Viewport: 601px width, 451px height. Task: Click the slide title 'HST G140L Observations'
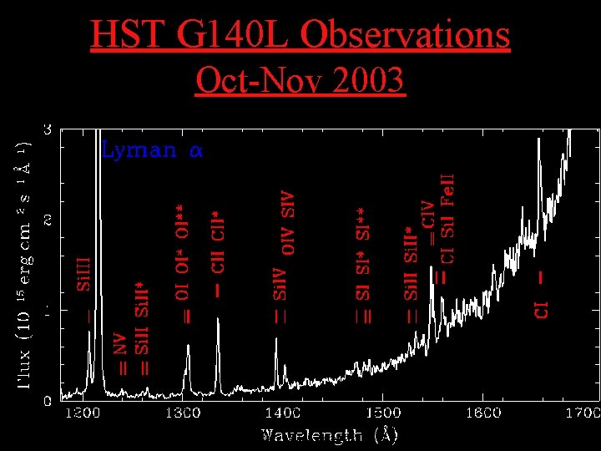300,35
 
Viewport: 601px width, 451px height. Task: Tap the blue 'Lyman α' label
152,151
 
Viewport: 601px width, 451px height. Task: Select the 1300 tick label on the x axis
182,413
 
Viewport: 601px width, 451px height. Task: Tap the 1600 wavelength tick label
483,413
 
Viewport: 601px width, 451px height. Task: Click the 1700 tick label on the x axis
582,413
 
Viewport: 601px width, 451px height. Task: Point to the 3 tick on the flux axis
48,129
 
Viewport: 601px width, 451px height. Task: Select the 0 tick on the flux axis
48,400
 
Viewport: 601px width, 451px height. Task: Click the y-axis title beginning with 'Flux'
26,263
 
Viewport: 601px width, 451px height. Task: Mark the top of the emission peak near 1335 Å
219,320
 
